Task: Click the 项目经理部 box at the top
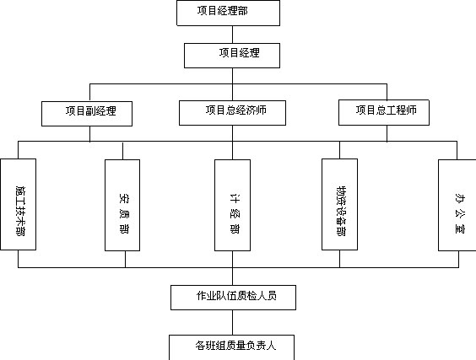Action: (228, 13)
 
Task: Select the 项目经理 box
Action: (232, 56)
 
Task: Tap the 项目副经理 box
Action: (87, 114)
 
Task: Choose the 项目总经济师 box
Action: (232, 113)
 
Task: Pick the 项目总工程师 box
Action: (384, 112)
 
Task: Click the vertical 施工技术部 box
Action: (19, 204)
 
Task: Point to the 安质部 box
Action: (122, 206)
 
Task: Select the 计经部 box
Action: (233, 206)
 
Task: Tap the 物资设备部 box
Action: (339, 204)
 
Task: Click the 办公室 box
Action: (457, 206)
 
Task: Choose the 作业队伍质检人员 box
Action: (233, 298)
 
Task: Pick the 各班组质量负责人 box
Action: (231, 347)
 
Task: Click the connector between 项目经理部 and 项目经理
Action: (233, 35)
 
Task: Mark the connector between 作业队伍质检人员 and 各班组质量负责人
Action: (233, 322)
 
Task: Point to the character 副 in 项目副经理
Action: (90, 110)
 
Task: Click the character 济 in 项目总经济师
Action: (251, 110)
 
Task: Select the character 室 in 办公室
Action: (460, 228)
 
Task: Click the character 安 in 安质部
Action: (124, 198)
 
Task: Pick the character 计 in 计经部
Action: (235, 198)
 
